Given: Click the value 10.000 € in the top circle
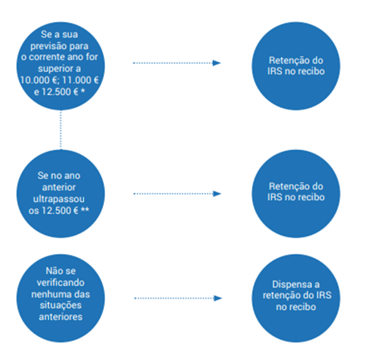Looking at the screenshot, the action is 38,80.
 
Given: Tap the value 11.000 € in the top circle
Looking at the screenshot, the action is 80,80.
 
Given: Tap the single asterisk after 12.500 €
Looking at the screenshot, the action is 83,91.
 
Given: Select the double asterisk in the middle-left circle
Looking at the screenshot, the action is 85,210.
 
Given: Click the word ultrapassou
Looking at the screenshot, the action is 59,199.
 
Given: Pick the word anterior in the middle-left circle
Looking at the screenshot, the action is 59,187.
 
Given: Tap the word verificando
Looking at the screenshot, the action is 61,282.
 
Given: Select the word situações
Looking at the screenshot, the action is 61,305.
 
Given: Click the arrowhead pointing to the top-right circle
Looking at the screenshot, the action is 217,63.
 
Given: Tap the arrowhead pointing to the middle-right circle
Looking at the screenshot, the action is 217,194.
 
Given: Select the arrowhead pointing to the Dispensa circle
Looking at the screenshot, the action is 218,298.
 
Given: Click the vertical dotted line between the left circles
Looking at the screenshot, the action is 61,130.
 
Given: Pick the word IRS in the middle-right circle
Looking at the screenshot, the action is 275,198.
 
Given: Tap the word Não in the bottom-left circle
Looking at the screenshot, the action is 53,271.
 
